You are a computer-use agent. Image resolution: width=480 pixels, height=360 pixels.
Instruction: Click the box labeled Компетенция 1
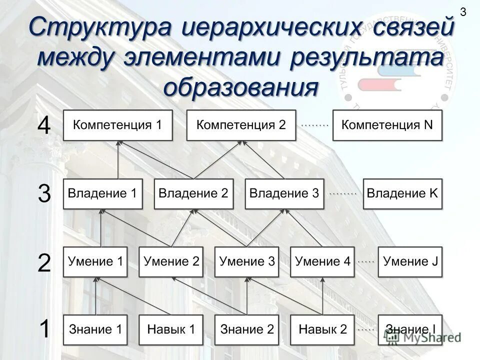coord(117,125)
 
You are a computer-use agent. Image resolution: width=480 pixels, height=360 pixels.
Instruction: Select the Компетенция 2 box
coord(241,125)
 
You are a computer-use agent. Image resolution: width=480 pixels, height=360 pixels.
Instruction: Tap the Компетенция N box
coord(387,125)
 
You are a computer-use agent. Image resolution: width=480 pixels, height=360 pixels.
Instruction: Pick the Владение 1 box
coord(102,193)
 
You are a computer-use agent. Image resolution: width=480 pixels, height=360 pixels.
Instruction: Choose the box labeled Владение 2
coord(193,193)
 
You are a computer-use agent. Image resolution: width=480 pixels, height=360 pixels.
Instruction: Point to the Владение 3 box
coord(284,193)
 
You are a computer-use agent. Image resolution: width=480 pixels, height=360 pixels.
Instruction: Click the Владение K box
coord(402,193)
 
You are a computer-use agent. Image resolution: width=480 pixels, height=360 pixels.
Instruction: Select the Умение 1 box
coord(95,261)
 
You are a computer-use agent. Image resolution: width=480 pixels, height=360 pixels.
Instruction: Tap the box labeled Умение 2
coord(171,261)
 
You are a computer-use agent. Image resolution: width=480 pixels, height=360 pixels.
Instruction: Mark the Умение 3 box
coord(247,261)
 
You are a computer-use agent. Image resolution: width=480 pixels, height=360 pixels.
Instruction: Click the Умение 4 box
coord(322,261)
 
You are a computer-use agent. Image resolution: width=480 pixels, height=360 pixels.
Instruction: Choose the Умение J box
coord(410,261)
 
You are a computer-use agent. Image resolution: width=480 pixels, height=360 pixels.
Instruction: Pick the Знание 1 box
coord(95,329)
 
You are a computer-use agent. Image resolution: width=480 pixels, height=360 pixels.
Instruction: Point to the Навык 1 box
coord(171,329)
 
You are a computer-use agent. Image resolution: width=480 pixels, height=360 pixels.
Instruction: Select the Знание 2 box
coord(247,329)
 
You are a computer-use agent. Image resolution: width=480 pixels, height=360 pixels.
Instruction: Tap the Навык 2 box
coord(322,329)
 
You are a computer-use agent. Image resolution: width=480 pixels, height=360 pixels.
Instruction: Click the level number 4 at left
coord(44,126)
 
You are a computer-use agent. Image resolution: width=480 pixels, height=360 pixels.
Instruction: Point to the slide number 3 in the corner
coord(462,12)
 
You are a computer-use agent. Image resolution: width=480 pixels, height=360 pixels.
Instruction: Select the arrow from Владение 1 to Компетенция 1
coord(118,160)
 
